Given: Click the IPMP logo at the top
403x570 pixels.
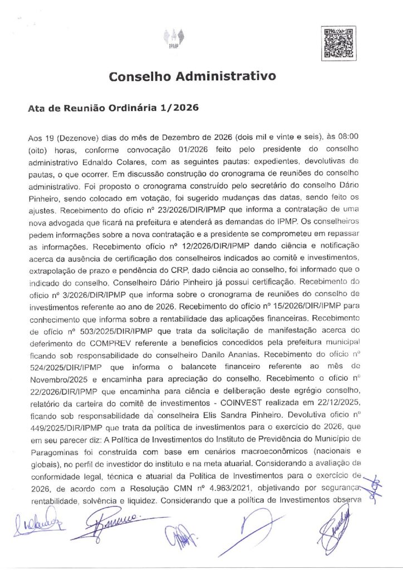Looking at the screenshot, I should (x=174, y=38).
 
